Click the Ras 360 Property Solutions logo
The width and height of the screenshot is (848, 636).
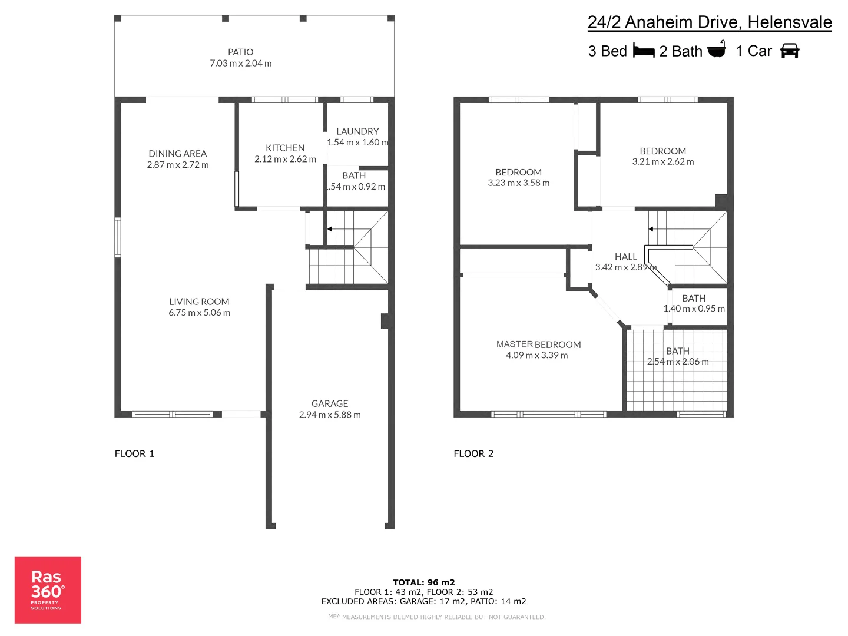pos(48,590)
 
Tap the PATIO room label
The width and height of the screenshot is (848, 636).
pos(240,52)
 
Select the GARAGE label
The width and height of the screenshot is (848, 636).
pos(330,404)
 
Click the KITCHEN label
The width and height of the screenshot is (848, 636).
pos(285,148)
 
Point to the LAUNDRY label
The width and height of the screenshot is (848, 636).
pos(357,132)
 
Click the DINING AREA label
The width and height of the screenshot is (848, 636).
pos(178,154)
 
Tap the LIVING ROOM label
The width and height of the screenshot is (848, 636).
pos(199,302)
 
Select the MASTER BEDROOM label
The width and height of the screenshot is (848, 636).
pos(538,344)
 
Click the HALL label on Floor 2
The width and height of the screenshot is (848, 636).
pos(625,257)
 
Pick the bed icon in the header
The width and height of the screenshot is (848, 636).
pos(644,51)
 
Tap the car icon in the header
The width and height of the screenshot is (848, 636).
pos(790,51)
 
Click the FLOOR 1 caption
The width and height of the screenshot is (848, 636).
pos(134,453)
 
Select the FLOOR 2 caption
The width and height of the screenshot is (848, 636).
pos(473,453)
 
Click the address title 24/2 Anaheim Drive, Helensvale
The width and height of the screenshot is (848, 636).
pos(710,22)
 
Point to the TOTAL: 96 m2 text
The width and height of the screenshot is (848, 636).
pos(424,582)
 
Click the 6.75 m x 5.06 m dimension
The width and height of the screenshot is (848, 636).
pos(200,313)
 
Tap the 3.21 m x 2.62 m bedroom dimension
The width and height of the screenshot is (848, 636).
pos(663,162)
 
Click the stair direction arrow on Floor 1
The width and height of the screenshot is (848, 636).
pos(330,229)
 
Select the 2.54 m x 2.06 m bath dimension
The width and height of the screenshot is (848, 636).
pos(678,362)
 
